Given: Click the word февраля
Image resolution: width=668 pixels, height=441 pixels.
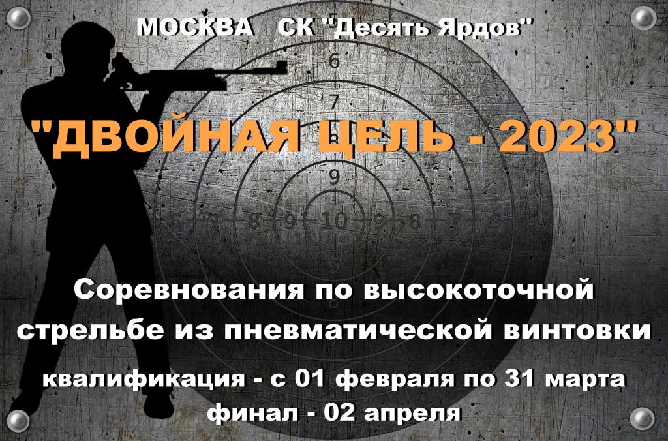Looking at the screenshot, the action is [x=396, y=379].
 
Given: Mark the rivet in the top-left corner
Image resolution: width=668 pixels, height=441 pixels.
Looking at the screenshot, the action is [x=18, y=18].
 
